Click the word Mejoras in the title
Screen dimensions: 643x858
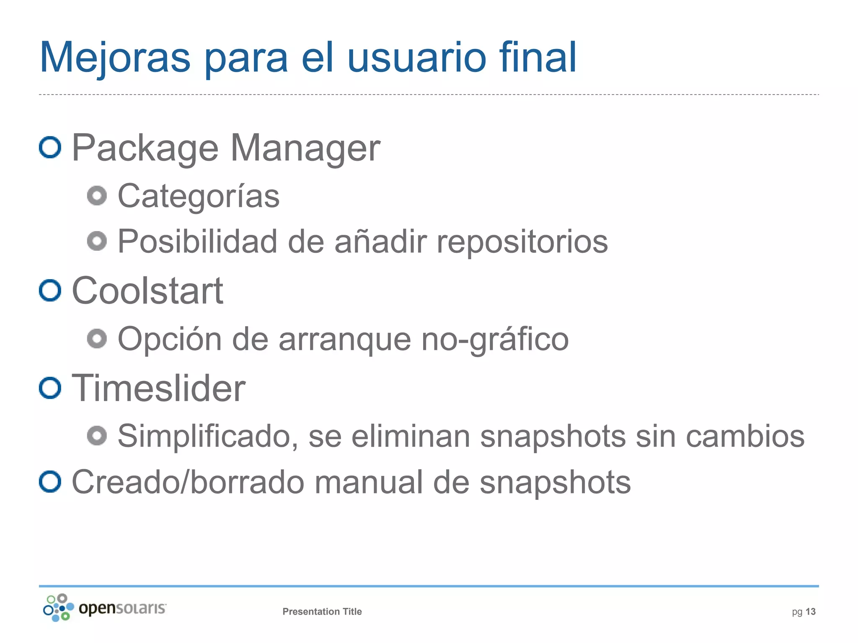click(115, 58)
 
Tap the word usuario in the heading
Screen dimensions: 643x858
click(416, 58)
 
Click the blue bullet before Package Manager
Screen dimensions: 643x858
click(50, 147)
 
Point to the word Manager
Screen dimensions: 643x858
click(305, 148)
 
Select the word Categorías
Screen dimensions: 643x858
click(199, 196)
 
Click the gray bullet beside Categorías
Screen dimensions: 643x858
click(97, 195)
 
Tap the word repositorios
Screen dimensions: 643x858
click(522, 242)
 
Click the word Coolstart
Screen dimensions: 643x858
click(147, 291)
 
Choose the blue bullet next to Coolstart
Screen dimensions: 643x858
click(50, 290)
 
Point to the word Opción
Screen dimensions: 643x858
click(170, 339)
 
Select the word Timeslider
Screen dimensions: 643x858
click(158, 388)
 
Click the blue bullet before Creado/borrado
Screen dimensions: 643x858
click(50, 481)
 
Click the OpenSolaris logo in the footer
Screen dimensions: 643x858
click(104, 608)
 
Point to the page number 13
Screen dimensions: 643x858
click(810, 612)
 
